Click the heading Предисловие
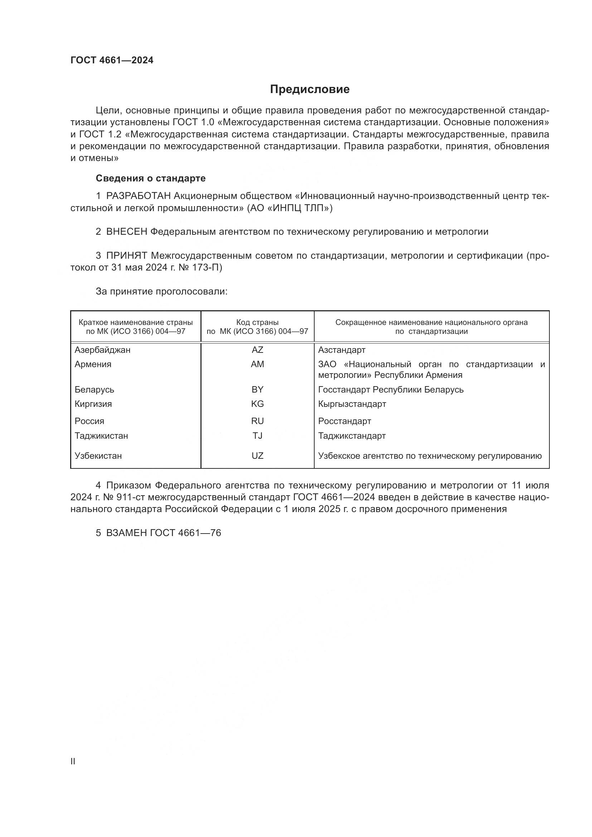tap(310, 89)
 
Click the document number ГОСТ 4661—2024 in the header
tap(112, 60)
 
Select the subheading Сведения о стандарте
tap(151, 178)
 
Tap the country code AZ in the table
tap(257, 350)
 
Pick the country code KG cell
tap(257, 404)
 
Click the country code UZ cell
tap(257, 456)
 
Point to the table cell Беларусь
tap(94, 390)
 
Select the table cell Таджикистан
tap(101, 435)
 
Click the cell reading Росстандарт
tap(344, 421)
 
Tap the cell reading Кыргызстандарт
tap(352, 404)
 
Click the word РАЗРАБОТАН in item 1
tap(139, 196)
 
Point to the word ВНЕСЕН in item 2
tap(126, 232)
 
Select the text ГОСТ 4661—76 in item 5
tap(185, 533)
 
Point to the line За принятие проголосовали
tap(161, 292)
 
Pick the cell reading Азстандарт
tap(341, 350)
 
